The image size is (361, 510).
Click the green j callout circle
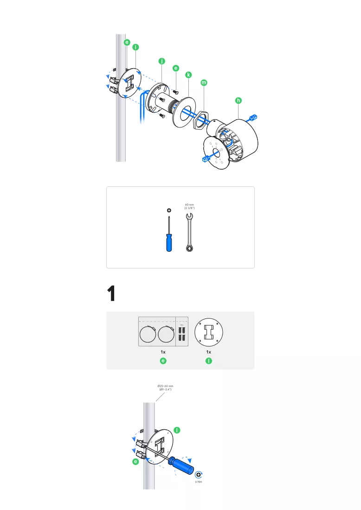pos(162,61)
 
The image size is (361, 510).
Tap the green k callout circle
pos(188,75)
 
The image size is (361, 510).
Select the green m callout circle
pos(204,83)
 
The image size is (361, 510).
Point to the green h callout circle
pos(239,101)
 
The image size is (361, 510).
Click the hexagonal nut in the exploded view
pos(200,120)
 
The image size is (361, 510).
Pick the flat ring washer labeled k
pos(184,112)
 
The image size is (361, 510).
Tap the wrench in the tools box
pos(189,232)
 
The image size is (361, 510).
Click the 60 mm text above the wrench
pos(189,204)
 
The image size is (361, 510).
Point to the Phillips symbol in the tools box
pos(169,210)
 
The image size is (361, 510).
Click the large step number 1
pos(111,293)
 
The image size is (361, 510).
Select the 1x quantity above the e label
pos(163,352)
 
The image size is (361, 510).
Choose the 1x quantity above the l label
pos(209,352)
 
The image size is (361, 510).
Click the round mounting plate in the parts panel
pos(209,332)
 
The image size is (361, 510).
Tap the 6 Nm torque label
pos(199,482)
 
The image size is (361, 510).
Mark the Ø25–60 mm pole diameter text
pos(165,386)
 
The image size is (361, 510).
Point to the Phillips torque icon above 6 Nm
pos(198,475)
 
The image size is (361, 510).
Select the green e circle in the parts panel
pos(163,361)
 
